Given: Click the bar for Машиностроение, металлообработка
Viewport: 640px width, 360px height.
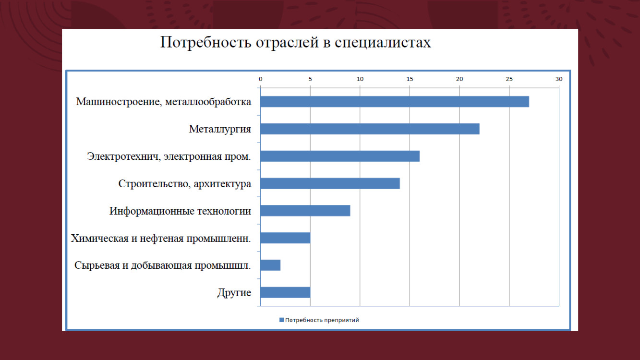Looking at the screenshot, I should [x=394, y=102].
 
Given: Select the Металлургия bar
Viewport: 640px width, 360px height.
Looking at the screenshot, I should [x=369, y=129].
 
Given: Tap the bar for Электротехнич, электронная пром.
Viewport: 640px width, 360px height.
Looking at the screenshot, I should [x=339, y=156].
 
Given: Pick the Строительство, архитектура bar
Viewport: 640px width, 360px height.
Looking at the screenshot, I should [x=329, y=183].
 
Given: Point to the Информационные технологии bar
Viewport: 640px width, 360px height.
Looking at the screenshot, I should [x=305, y=211].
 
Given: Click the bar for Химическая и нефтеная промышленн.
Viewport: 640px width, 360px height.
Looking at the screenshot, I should [x=285, y=238].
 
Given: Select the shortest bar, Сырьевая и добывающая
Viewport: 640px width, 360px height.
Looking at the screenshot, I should [x=270, y=265].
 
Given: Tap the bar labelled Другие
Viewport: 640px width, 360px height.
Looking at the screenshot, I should [x=285, y=292].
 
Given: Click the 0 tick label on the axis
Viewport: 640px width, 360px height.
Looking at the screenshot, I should [x=260, y=79].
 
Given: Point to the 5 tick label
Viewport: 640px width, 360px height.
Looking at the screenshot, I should [x=310, y=79].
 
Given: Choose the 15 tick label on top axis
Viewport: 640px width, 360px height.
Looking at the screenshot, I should [x=410, y=79].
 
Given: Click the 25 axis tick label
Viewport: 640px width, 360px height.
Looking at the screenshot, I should [x=509, y=79].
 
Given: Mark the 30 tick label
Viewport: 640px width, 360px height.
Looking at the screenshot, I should [x=558, y=79].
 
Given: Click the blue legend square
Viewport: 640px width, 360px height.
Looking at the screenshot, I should [x=281, y=320].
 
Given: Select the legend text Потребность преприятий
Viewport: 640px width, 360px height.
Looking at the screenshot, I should [x=322, y=320].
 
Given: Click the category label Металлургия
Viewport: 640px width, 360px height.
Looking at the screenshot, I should [x=219, y=129].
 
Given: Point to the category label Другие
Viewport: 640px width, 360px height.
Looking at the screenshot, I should [x=234, y=293].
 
